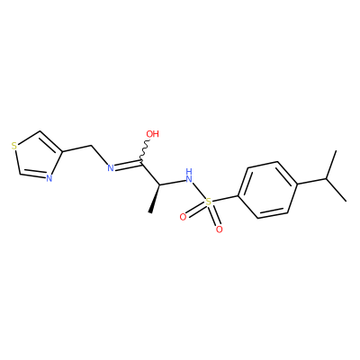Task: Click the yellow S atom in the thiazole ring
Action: [x=13, y=146]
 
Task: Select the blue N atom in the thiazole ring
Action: [x=49, y=178]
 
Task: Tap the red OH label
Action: [x=152, y=134]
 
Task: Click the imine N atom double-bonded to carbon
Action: [x=111, y=167]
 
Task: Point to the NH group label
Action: [x=188, y=176]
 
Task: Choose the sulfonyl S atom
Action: [x=208, y=202]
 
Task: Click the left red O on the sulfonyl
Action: [x=183, y=217]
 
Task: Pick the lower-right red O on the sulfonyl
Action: [x=220, y=229]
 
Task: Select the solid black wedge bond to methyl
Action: [x=155, y=199]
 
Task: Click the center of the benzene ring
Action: [x=268, y=190]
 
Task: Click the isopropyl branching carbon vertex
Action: [x=326, y=179]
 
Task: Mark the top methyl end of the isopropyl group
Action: [x=336, y=151]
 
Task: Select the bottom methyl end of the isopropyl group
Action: [x=346, y=201]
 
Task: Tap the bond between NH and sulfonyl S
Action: [x=199, y=190]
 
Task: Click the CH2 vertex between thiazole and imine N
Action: [x=91, y=146]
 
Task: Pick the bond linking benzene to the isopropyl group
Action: [x=312, y=181]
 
